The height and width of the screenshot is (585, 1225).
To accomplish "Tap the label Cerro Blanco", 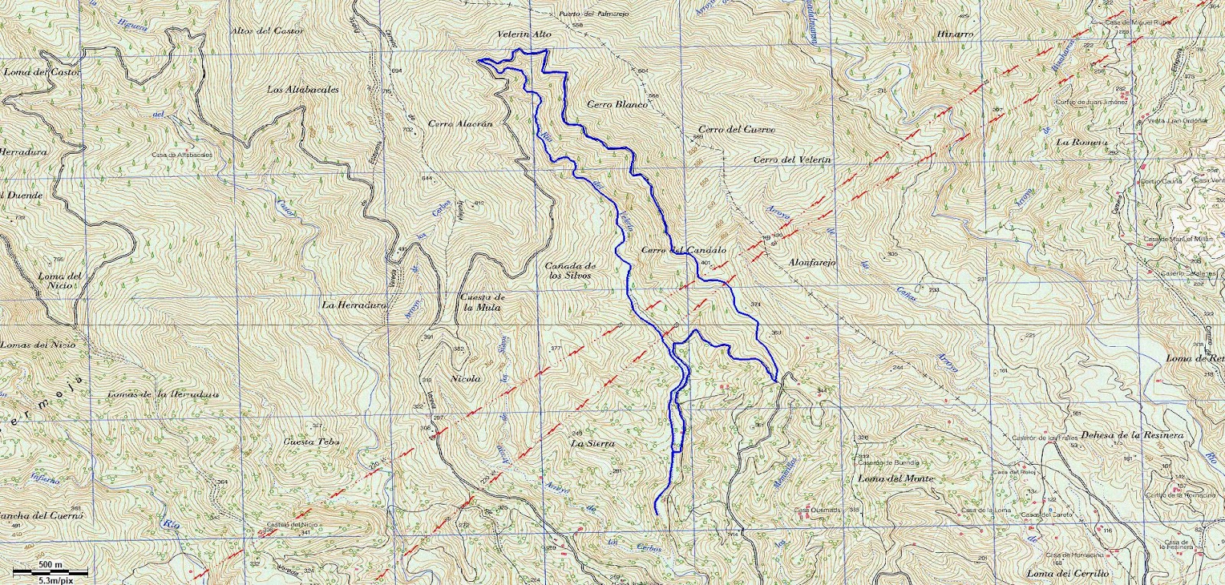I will click(x=617, y=104).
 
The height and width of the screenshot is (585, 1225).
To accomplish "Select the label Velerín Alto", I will click(x=524, y=34).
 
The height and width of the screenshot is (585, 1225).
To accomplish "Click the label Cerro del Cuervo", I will click(x=737, y=129).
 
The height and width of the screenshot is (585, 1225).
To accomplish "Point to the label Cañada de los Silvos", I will click(x=570, y=270).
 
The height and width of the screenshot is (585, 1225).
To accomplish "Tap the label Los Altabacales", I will click(x=303, y=90).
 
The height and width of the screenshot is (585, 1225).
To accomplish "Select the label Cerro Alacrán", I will click(x=459, y=123).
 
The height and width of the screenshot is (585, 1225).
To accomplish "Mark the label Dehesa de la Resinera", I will click(x=1132, y=435).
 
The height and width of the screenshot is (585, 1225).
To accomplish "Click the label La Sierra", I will click(x=593, y=443).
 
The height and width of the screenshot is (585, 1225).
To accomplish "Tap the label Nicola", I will click(x=466, y=379).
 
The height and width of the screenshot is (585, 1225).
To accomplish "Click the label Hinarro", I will click(x=954, y=34).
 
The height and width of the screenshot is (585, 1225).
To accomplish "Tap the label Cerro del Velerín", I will click(x=792, y=160).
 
